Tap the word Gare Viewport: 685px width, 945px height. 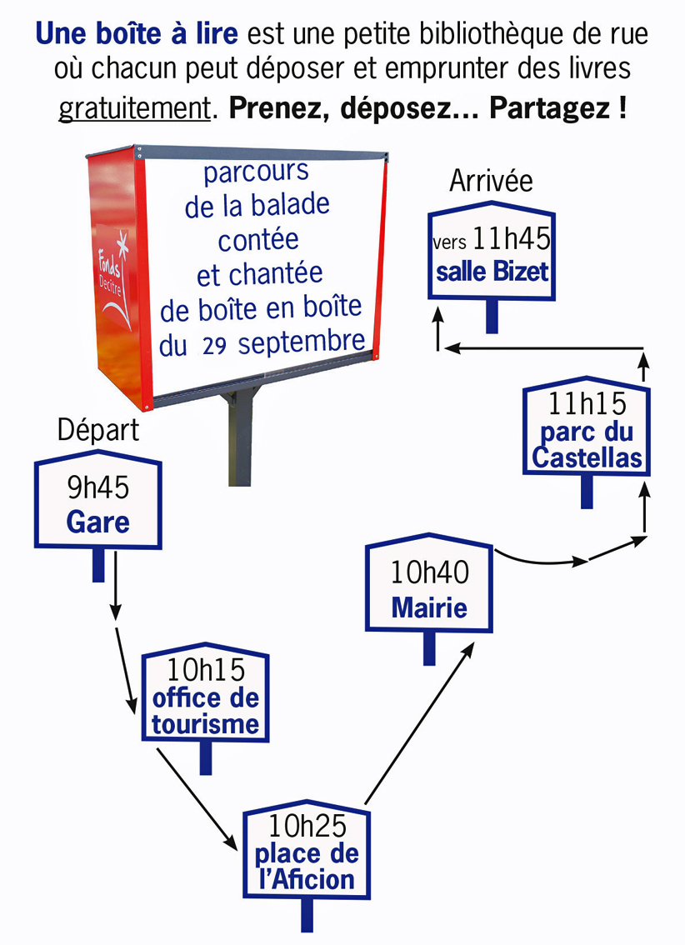tap(97, 522)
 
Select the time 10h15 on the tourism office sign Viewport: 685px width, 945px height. tap(205, 670)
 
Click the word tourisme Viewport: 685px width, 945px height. tap(205, 724)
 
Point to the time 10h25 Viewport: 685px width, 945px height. tap(307, 825)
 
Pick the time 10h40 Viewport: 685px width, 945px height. tap(430, 572)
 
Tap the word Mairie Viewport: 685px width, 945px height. tap(429, 607)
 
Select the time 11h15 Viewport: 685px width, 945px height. tap(587, 404)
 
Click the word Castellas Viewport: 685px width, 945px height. tap(587, 457)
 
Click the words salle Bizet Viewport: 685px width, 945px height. tap(492, 272)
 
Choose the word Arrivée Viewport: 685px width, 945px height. tap(491, 181)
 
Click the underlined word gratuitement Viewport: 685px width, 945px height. tap(132, 109)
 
